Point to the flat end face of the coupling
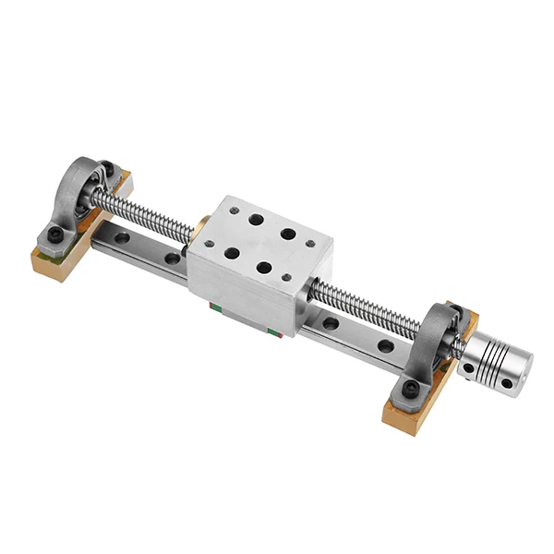coord(519,369)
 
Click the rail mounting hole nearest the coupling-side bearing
coord(385,346)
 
